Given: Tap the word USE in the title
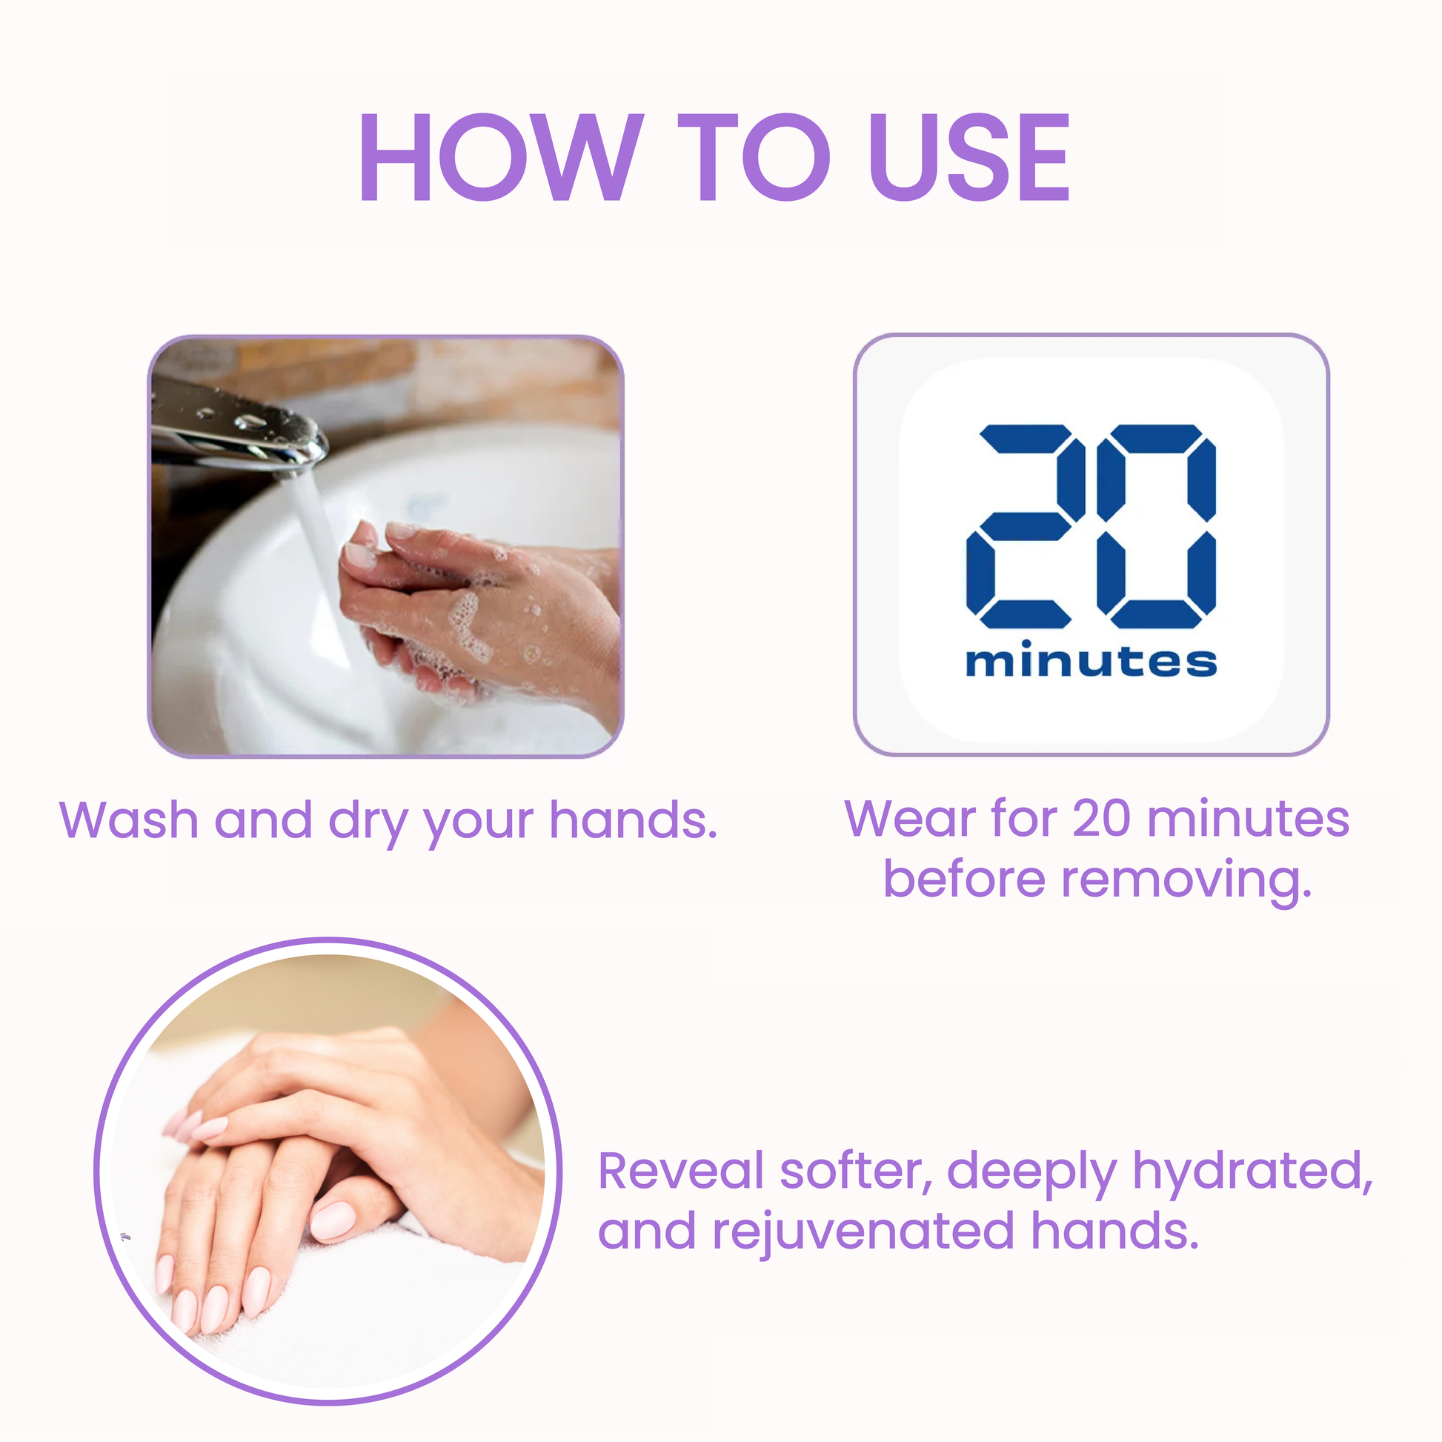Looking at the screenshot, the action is [x=969, y=158].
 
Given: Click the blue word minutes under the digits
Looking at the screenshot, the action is [x=1092, y=659].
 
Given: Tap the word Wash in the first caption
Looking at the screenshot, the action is [x=129, y=820].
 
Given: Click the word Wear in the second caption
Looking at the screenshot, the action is [x=912, y=819].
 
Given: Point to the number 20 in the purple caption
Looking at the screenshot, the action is [x=1101, y=819].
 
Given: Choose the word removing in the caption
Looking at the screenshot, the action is [x=1186, y=882].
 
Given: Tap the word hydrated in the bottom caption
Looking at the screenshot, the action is [x=1253, y=1172].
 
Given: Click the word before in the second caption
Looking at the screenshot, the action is [x=965, y=880].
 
